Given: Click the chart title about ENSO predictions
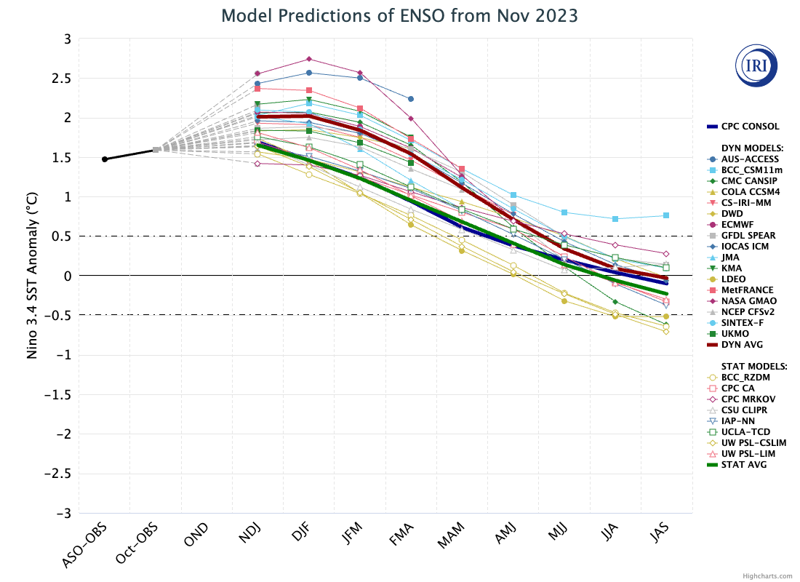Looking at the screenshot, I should (x=400, y=16).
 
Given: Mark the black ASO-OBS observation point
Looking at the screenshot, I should (x=105, y=159).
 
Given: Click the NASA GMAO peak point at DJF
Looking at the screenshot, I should (x=309, y=59).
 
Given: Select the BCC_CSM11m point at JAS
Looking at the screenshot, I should (x=666, y=215).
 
